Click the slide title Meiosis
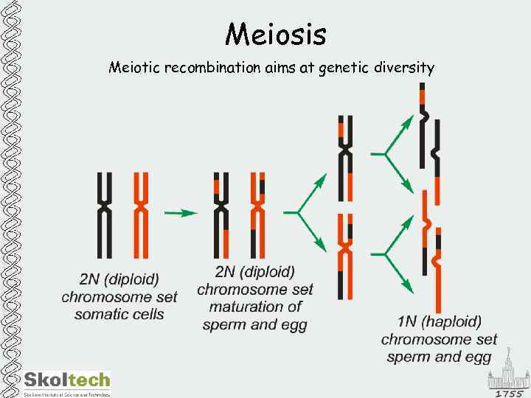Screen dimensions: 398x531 (x=275, y=33)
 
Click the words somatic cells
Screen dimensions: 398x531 (x=119, y=315)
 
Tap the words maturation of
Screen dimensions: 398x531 (x=255, y=307)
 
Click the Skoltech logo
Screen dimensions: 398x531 (x=66, y=382)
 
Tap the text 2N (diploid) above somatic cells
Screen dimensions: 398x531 (x=119, y=280)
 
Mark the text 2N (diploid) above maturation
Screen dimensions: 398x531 (x=255, y=272)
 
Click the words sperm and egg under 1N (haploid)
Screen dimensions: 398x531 (x=439, y=357)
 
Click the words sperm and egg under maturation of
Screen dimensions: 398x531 (x=255, y=324)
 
